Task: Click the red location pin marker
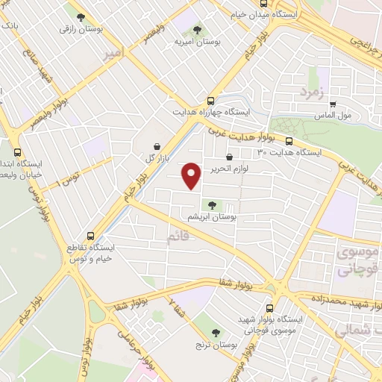pos(192,175)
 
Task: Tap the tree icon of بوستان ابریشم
pos(212,204)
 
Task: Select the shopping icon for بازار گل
pos(157,147)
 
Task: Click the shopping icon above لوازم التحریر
pos(228,157)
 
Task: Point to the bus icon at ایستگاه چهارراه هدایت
pos(211,100)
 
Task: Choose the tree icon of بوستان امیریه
pos(197,31)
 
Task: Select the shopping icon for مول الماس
pos(333,105)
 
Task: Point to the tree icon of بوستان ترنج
pos(216,333)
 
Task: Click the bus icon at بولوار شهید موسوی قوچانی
pos(270,307)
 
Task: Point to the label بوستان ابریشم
pos(213,216)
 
